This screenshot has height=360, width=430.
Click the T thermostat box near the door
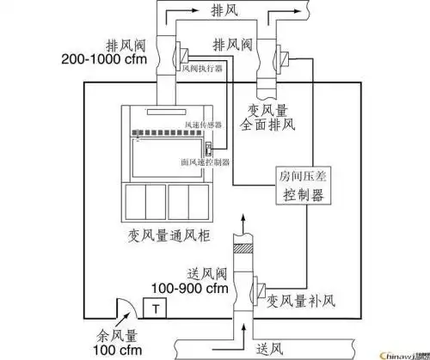pos(156,307)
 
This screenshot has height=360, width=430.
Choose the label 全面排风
pos(272,125)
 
